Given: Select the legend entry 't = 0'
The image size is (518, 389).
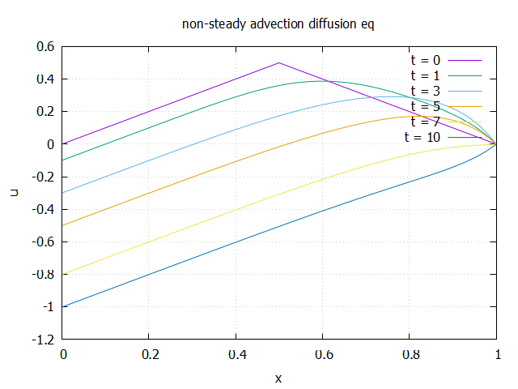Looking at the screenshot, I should click(x=426, y=60).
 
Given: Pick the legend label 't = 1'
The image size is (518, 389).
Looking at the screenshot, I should click(x=426, y=75).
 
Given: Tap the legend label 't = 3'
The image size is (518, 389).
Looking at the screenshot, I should click(x=426, y=91).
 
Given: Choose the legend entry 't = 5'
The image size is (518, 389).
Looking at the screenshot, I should click(x=426, y=106).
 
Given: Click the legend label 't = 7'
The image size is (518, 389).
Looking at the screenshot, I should click(x=426, y=122).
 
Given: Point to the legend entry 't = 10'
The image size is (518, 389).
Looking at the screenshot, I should click(x=422, y=137).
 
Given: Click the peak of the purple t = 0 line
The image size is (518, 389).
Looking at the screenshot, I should click(x=279, y=62).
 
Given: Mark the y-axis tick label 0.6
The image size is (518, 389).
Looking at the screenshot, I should click(x=45, y=47).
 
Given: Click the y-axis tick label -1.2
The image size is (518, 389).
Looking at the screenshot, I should click(x=42, y=339).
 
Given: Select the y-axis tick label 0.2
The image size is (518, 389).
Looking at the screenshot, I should click(x=45, y=112).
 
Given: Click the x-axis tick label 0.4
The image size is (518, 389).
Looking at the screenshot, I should click(x=236, y=354).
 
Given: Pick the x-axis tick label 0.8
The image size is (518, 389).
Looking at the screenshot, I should click(x=410, y=354).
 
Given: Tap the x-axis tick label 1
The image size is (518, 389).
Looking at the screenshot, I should click(x=497, y=354).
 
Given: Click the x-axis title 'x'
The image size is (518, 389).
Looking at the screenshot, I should click(x=279, y=378).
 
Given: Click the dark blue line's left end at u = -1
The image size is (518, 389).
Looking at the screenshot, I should click(x=64, y=306).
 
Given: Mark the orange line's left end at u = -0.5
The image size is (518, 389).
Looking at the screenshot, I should click(x=64, y=224).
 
